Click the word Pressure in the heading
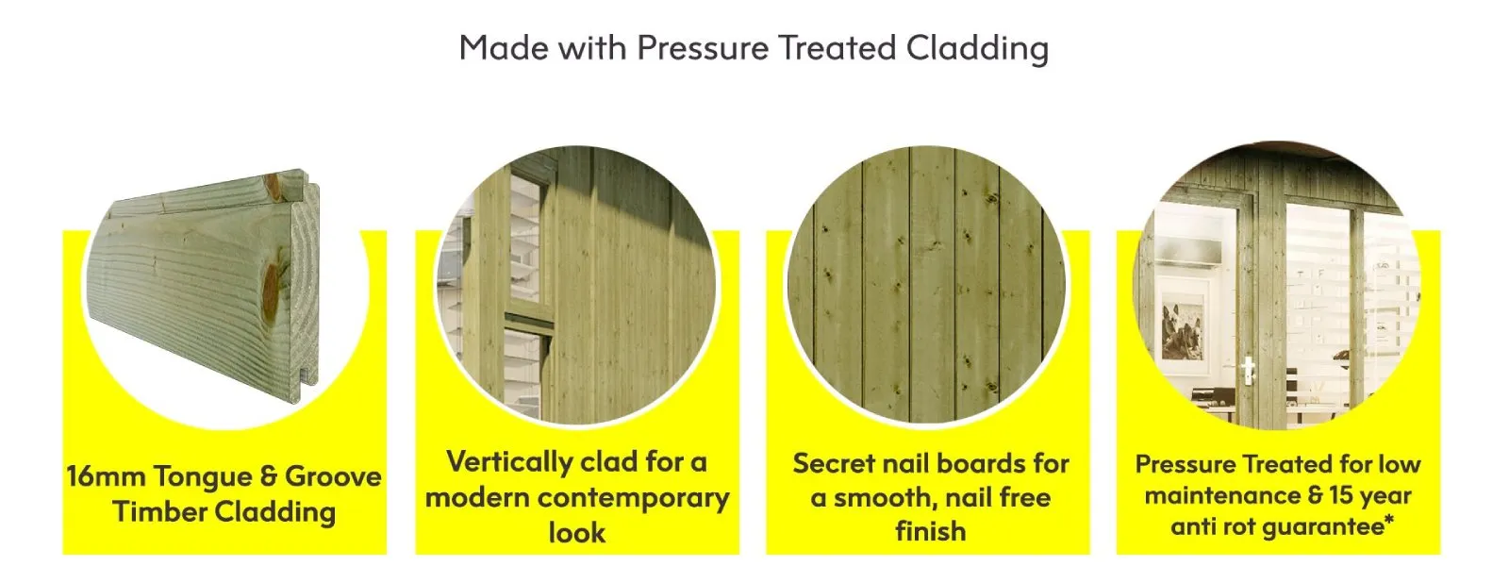coord(703,48)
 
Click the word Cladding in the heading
coord(977,48)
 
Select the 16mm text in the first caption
coord(107,476)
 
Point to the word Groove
coord(333,476)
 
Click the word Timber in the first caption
coord(159,511)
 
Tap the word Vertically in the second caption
coord(508,463)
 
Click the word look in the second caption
coord(576,532)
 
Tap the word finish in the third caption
coord(930,531)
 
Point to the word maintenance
coord(1222,496)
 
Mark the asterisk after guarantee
coord(1389,520)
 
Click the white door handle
coord(1249,372)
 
